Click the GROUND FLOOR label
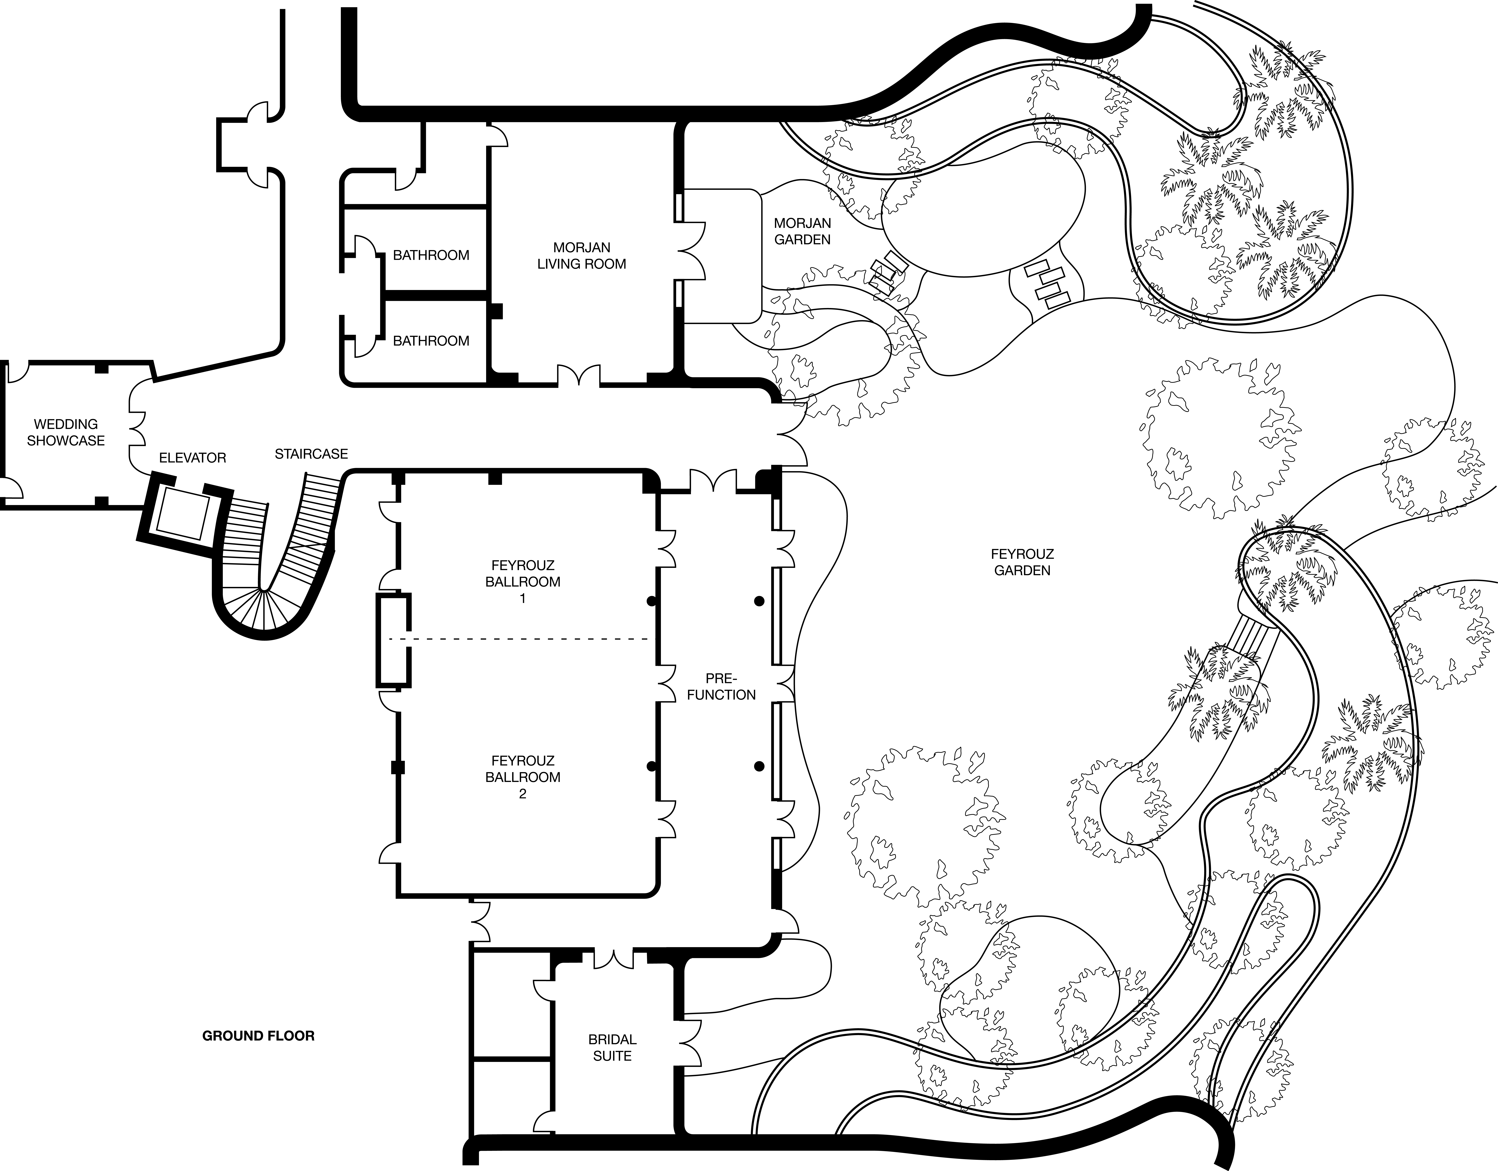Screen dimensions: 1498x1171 (x=259, y=1036)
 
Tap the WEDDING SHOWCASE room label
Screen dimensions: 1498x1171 (x=66, y=432)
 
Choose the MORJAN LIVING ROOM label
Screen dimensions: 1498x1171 (x=582, y=255)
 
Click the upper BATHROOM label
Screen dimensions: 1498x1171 (x=431, y=255)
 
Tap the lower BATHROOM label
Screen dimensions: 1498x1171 (x=431, y=341)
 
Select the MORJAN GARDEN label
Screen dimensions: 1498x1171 (x=803, y=231)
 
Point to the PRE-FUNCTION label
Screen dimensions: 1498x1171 (x=721, y=687)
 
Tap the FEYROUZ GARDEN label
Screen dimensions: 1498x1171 (x=1022, y=562)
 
